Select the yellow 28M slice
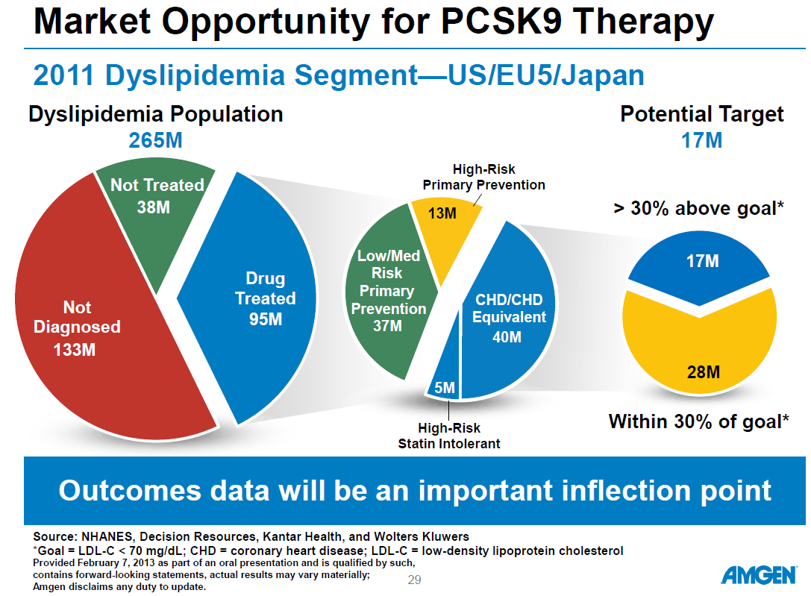tap(701, 351)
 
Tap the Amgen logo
tap(758, 576)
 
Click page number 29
tap(415, 580)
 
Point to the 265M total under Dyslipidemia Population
tap(155, 140)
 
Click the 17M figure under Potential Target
tap(701, 140)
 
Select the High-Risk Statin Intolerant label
tap(448, 436)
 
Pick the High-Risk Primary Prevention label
tap(483, 178)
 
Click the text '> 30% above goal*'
tap(698, 208)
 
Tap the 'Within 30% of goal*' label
tap(698, 421)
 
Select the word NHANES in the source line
tap(109, 536)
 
